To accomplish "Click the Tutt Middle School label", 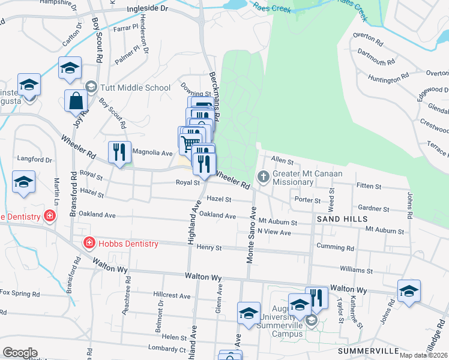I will tap(136, 88).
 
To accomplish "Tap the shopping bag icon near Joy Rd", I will tap(77, 102).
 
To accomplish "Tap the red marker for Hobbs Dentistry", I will tap(88, 243).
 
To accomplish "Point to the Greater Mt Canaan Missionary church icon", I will tap(262, 176).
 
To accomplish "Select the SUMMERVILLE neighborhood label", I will tap(369, 350).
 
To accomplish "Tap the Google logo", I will tap(20, 353).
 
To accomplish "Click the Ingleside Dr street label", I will tap(156, 10).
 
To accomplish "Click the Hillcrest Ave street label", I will tap(172, 296).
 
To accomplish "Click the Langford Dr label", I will tap(35, 160).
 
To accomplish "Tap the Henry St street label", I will tap(209, 247).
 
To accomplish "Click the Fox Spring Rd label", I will tap(20, 294).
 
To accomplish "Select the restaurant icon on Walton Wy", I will tap(316, 298).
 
